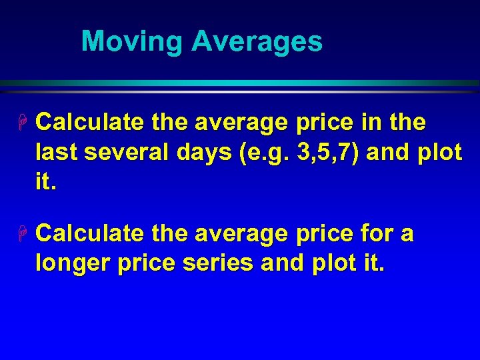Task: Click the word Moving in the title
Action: click(132, 42)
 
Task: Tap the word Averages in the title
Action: click(257, 42)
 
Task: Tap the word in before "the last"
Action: click(373, 123)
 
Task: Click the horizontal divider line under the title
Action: click(240, 83)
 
